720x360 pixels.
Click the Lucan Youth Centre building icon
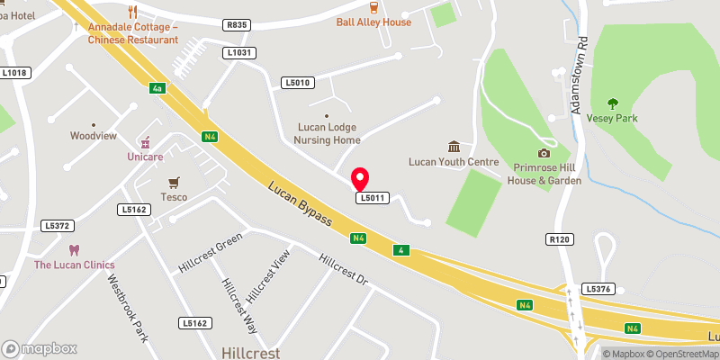[x=454, y=147]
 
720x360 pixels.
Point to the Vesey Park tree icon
[x=613, y=103]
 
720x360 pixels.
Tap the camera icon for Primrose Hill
[x=543, y=154]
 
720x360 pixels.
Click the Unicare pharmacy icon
[x=143, y=142]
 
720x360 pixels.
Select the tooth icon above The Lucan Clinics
[x=75, y=249]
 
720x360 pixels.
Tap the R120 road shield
[x=560, y=239]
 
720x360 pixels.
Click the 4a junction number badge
[x=157, y=88]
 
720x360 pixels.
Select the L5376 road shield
[x=597, y=289]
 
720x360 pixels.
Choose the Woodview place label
[x=94, y=136]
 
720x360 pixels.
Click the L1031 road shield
[x=239, y=53]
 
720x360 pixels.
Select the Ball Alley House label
[x=373, y=22]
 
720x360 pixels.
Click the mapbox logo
[x=40, y=348]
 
